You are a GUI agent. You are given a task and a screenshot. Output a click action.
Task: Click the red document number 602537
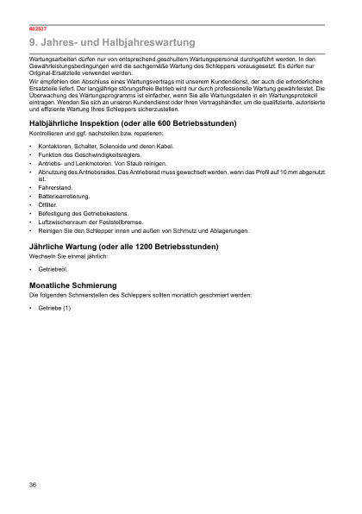point(37,29)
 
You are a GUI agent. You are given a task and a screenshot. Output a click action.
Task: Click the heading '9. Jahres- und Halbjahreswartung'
point(111,41)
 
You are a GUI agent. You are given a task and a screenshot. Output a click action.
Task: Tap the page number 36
point(33,486)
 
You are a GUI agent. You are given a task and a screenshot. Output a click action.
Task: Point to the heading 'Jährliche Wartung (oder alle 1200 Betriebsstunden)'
point(123,248)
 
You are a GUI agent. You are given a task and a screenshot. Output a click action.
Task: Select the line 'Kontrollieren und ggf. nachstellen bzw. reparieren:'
point(97,135)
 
